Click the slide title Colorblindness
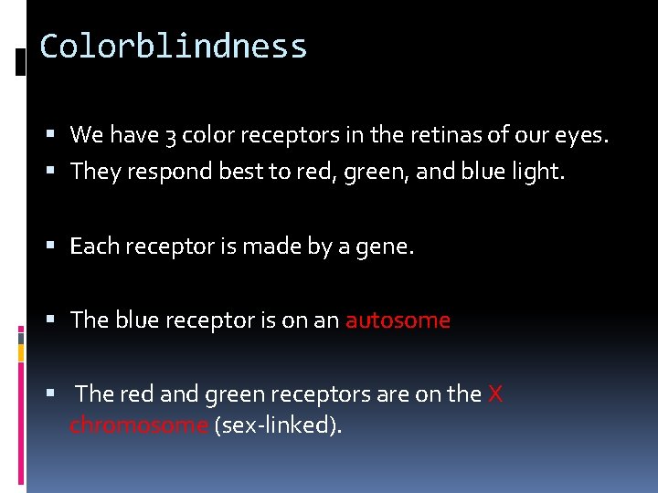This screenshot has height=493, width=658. [x=173, y=46]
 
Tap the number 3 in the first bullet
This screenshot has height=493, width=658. [x=171, y=136]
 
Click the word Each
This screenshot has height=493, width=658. [x=94, y=246]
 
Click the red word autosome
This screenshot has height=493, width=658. [x=398, y=320]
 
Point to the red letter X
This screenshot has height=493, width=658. [x=495, y=394]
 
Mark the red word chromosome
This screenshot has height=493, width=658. [x=139, y=425]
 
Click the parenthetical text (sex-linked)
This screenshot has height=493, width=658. [x=278, y=425]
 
